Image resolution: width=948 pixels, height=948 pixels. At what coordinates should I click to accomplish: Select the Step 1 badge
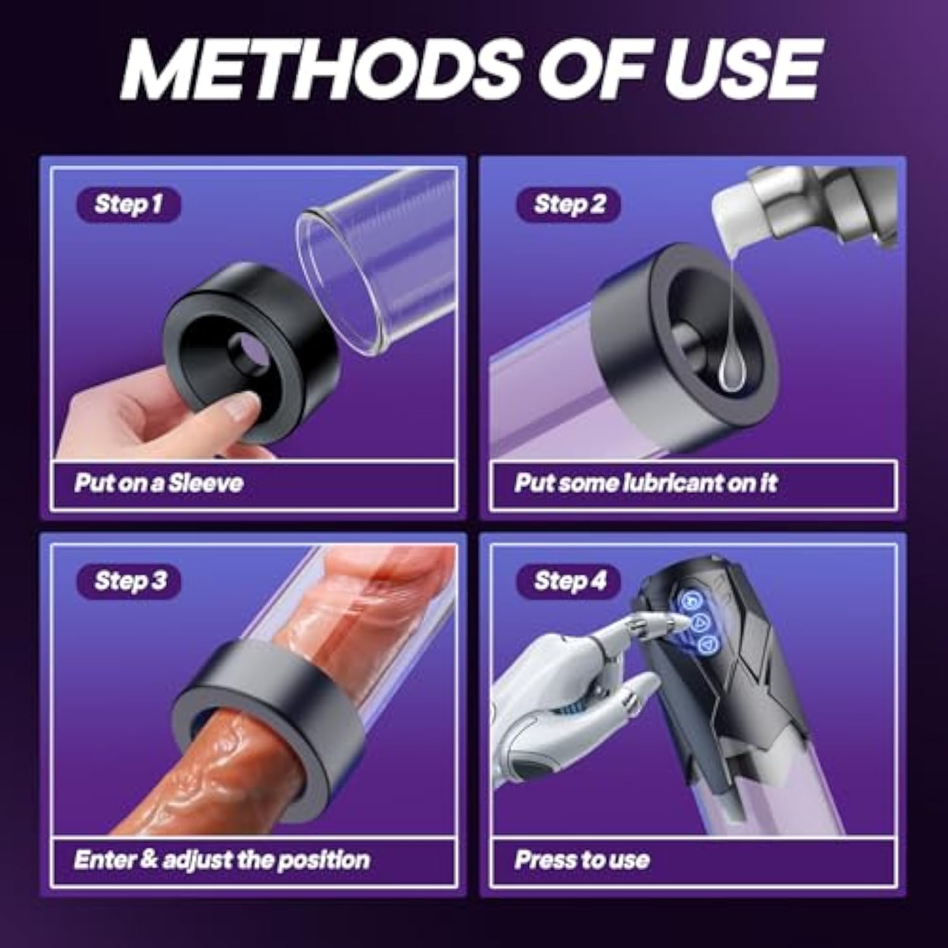129,205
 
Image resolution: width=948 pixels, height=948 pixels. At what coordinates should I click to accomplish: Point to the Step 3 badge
129,581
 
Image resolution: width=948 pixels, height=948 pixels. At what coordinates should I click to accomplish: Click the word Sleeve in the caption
206,483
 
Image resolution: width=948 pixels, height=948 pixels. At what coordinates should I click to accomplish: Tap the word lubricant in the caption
674,483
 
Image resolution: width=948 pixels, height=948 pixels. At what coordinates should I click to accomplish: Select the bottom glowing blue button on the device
708,645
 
